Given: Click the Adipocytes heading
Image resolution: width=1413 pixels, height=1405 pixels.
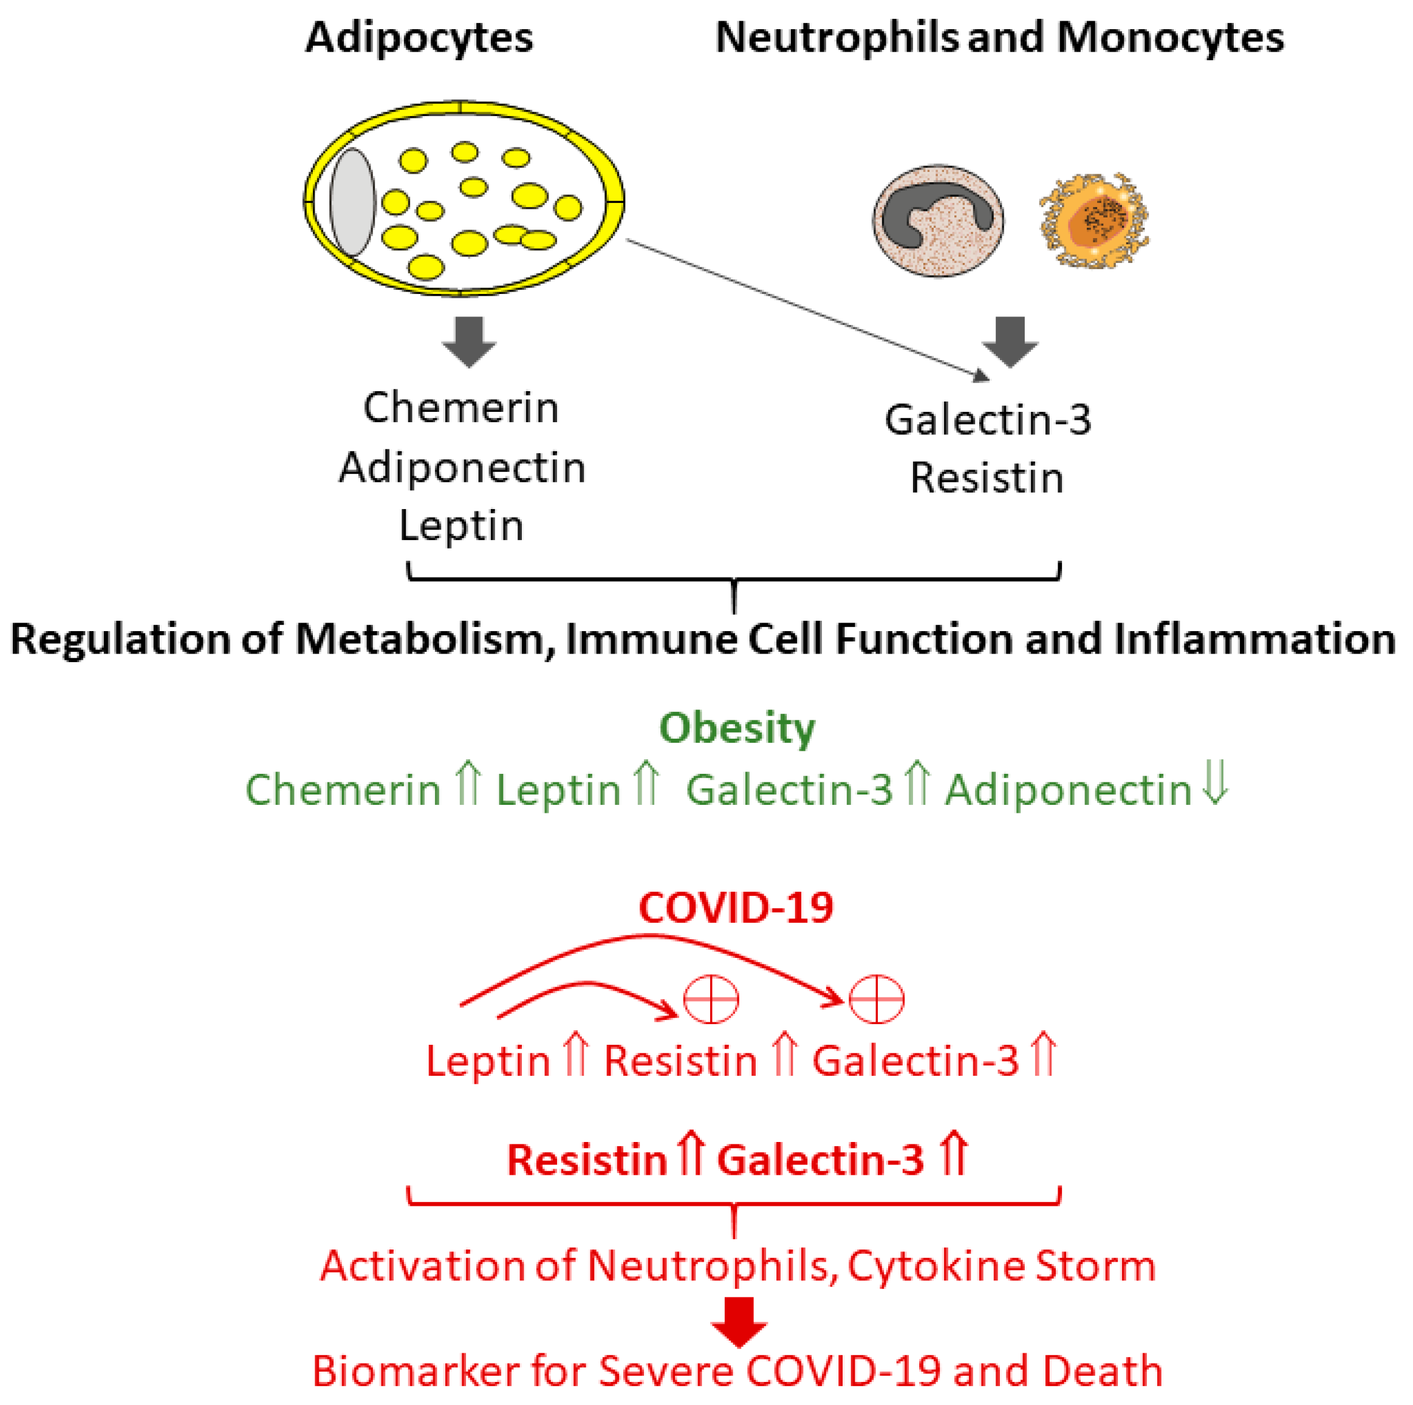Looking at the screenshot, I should (x=419, y=38).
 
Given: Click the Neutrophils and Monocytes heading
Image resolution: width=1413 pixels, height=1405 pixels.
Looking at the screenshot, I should (x=999, y=38).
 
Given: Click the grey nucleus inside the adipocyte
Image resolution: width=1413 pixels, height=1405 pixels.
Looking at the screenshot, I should (x=352, y=203).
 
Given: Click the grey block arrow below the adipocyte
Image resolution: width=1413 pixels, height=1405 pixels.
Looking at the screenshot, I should (x=469, y=341).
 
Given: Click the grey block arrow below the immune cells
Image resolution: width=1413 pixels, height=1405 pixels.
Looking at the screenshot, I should (x=1010, y=341).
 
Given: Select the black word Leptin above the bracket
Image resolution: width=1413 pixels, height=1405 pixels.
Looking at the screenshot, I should (x=462, y=525).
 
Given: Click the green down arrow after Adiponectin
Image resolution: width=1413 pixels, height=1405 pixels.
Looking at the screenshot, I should (x=1216, y=784).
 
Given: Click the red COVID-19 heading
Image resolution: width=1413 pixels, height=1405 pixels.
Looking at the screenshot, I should (x=736, y=908).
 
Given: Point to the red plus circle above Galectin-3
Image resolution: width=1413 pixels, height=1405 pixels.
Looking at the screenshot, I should (x=876, y=999).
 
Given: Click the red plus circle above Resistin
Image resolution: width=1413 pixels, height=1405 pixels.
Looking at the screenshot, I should (x=710, y=999).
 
